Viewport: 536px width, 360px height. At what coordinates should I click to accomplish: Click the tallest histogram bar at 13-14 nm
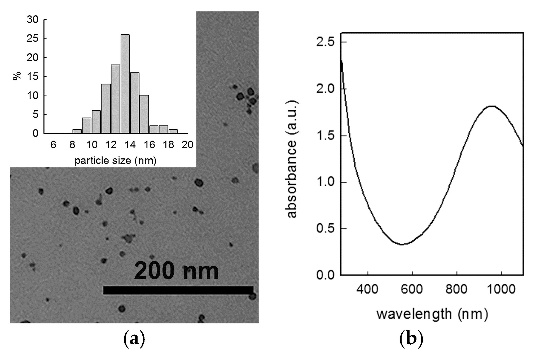click(x=125, y=84)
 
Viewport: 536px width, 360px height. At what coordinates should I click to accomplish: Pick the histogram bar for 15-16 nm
click(x=144, y=114)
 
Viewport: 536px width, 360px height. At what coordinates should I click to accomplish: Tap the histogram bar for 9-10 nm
click(x=86, y=125)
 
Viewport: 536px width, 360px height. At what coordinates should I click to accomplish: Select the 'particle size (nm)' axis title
click(x=115, y=161)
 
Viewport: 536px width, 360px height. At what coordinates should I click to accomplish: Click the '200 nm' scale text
click(x=176, y=271)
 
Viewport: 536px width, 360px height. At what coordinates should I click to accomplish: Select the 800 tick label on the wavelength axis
click(x=456, y=289)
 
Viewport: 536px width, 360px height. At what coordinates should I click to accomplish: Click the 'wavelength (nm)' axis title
click(x=432, y=314)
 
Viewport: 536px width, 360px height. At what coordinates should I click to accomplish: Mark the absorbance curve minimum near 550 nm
click(x=402, y=244)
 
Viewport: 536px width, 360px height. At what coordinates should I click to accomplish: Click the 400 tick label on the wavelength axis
click(x=367, y=289)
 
